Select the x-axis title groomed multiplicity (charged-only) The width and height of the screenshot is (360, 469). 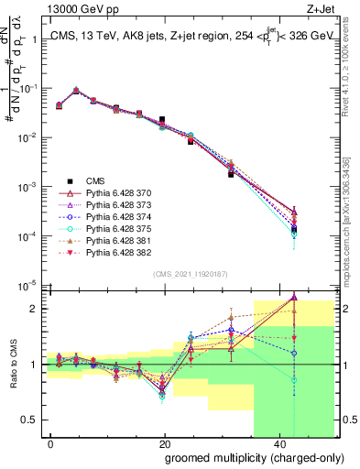pos(242,457)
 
